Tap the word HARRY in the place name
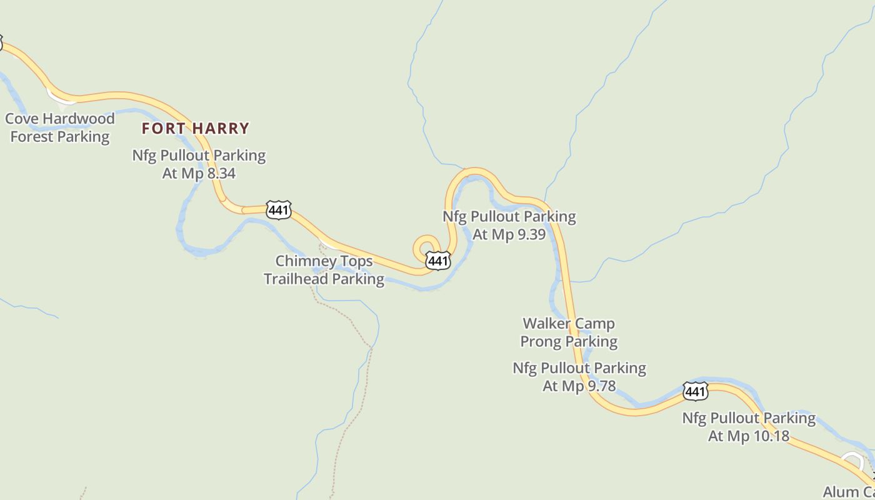click(221, 129)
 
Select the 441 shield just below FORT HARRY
click(278, 210)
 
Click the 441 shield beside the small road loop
click(438, 261)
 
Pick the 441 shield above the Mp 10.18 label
click(695, 392)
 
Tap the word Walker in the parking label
click(546, 324)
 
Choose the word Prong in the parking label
click(541, 342)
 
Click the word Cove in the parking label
click(22, 119)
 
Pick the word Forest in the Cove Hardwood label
click(32, 137)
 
